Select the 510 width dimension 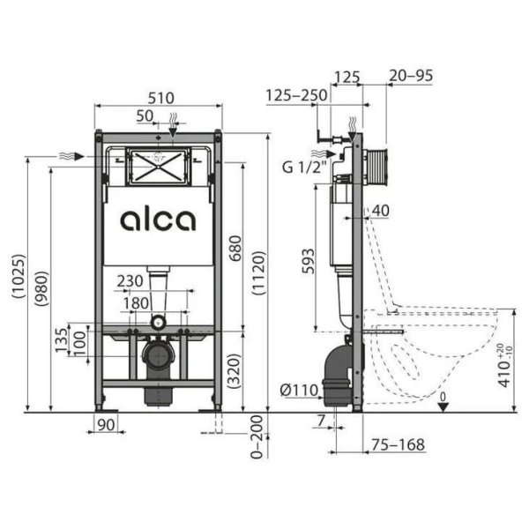(x=158, y=97)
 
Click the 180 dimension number (x=137, y=302)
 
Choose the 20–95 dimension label (x=412, y=78)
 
